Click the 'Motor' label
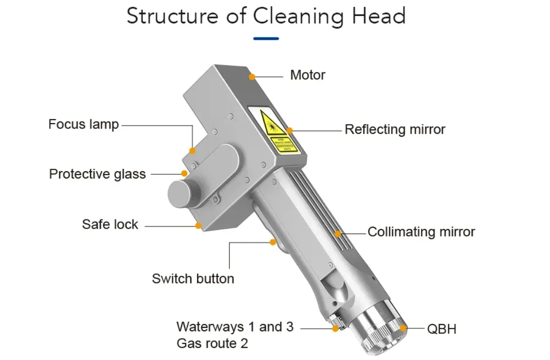tap(307, 75)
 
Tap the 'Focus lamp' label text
tap(83, 124)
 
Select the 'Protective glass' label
tap(97, 174)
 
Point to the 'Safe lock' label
tap(110, 224)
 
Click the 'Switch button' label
tap(193, 279)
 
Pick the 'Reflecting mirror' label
tap(395, 129)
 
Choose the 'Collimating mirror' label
tap(421, 232)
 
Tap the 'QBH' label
tap(441, 329)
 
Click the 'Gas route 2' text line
tap(212, 343)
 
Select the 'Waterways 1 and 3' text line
tap(235, 326)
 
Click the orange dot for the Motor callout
tap(252, 76)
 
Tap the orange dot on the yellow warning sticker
tap(290, 130)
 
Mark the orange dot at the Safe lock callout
tap(199, 226)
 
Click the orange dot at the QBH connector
tap(403, 328)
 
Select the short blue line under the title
tap(266, 38)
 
